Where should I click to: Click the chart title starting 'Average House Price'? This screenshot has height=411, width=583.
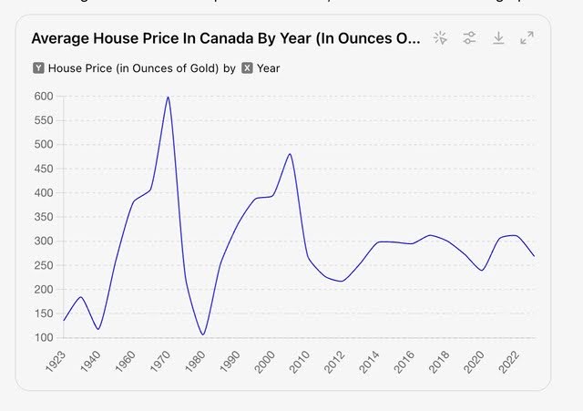226,38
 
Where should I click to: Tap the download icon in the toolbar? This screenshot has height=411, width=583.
498,37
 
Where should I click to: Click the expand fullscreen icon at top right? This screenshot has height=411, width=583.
527,37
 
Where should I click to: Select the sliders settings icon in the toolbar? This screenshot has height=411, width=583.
469,37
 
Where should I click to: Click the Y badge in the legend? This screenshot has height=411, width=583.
38,68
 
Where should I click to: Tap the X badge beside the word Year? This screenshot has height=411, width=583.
247,68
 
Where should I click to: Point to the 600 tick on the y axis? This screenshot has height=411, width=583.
43,97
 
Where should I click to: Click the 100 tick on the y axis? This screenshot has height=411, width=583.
43,338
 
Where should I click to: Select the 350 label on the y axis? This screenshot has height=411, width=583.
43,217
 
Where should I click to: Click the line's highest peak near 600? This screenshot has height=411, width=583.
168,97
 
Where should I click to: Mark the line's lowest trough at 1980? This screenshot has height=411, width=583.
202,334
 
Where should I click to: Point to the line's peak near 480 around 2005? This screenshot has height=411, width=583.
290,153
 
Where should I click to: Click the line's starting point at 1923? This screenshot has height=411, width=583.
64,320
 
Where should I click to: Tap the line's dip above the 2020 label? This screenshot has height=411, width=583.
482,271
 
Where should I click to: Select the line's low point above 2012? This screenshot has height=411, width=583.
342,281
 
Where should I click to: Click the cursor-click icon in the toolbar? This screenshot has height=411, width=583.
440,37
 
